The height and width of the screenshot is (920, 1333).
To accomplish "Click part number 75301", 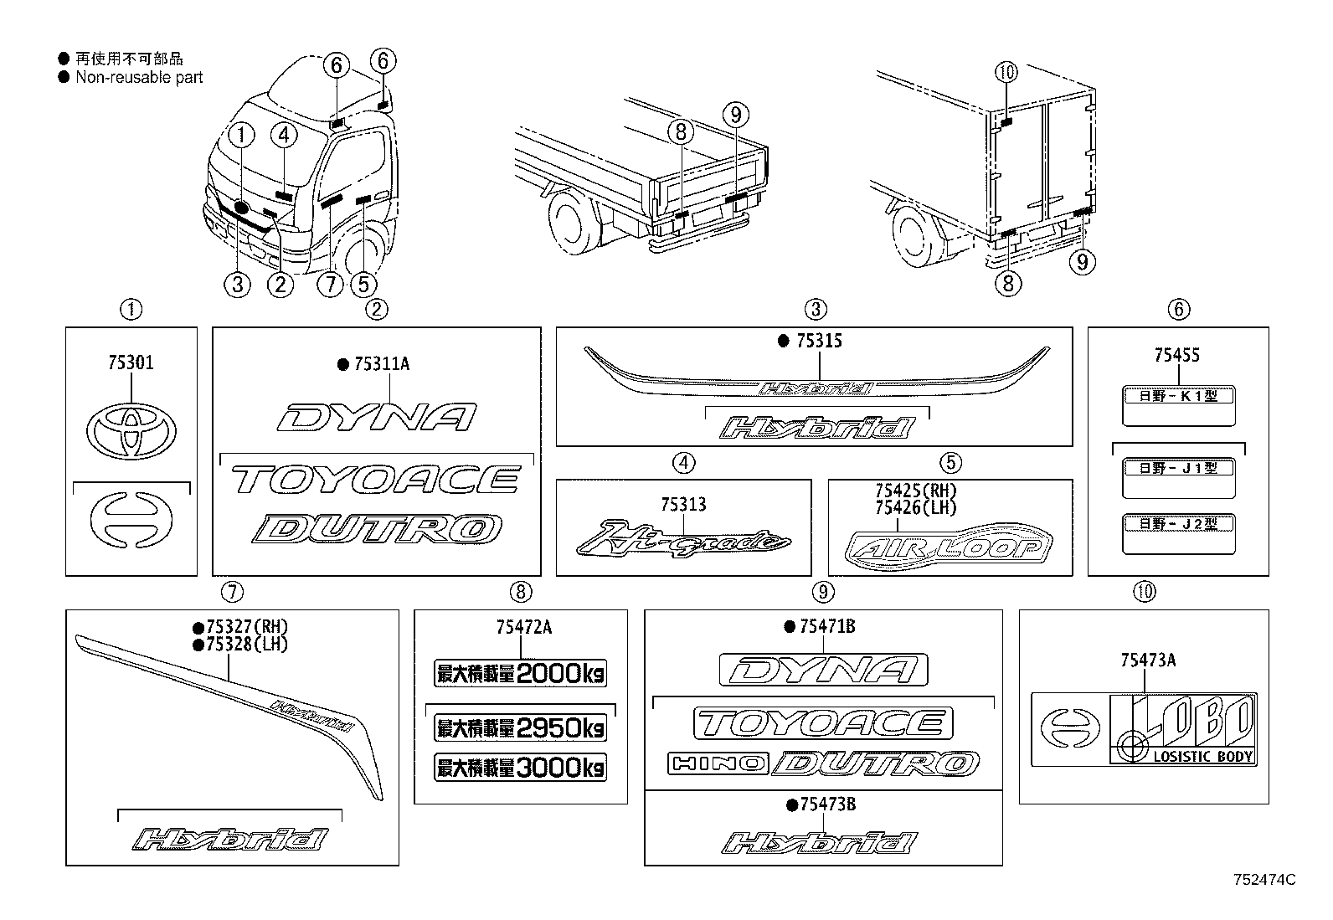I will click(131, 362).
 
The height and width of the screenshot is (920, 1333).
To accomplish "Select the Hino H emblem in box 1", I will click(131, 520).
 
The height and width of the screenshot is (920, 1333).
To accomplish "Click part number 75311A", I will click(381, 364).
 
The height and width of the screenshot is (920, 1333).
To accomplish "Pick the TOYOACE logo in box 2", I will click(376, 480).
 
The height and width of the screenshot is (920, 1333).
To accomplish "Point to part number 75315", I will click(818, 341).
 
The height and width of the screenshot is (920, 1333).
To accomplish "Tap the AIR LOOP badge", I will click(950, 549).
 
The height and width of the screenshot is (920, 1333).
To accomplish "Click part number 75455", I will click(1176, 355).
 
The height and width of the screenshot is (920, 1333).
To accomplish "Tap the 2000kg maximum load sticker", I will click(520, 673).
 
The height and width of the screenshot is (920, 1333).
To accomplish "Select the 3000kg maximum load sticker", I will click(520, 767).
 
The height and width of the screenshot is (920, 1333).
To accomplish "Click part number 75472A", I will click(523, 627).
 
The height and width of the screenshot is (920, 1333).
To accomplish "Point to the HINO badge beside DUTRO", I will click(717, 763).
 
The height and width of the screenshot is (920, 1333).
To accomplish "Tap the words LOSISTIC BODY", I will click(1203, 757).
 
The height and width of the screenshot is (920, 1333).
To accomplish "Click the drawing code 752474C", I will click(1264, 880).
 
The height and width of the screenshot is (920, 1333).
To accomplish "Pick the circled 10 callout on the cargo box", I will click(1006, 73).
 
